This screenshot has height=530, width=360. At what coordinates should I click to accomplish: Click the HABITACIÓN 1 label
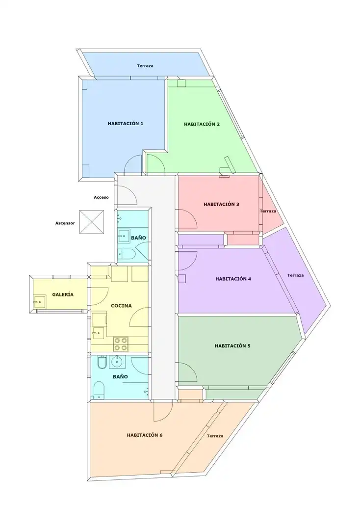(x=125, y=124)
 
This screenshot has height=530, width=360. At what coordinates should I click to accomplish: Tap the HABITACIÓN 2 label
(x=202, y=124)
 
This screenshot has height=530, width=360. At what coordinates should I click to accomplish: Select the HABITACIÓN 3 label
(x=221, y=205)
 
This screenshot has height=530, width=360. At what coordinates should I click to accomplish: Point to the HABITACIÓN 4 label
(x=233, y=279)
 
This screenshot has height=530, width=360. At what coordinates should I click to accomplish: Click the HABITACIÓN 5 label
(x=232, y=346)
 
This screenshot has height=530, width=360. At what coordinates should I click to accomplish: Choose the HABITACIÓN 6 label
(x=145, y=435)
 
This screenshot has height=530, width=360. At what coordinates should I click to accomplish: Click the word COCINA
(x=121, y=306)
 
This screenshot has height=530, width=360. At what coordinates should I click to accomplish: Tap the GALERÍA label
(x=63, y=295)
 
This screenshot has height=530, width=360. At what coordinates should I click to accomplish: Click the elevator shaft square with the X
(x=92, y=222)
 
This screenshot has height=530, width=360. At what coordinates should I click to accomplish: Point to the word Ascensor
(x=65, y=223)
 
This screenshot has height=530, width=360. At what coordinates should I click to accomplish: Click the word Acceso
(x=102, y=197)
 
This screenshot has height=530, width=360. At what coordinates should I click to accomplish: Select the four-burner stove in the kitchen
(x=121, y=344)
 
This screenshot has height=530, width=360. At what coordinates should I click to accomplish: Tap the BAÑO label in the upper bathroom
(x=138, y=238)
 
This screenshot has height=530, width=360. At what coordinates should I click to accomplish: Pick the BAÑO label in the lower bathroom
(x=120, y=377)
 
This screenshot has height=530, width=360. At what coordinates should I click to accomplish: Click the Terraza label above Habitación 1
(x=145, y=66)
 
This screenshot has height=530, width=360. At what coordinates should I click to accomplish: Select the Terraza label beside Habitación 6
(x=215, y=436)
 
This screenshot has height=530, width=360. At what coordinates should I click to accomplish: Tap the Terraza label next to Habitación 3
(x=268, y=211)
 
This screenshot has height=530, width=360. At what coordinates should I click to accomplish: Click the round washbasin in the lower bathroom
(x=117, y=362)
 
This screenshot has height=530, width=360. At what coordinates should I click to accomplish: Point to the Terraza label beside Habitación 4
(x=295, y=275)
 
